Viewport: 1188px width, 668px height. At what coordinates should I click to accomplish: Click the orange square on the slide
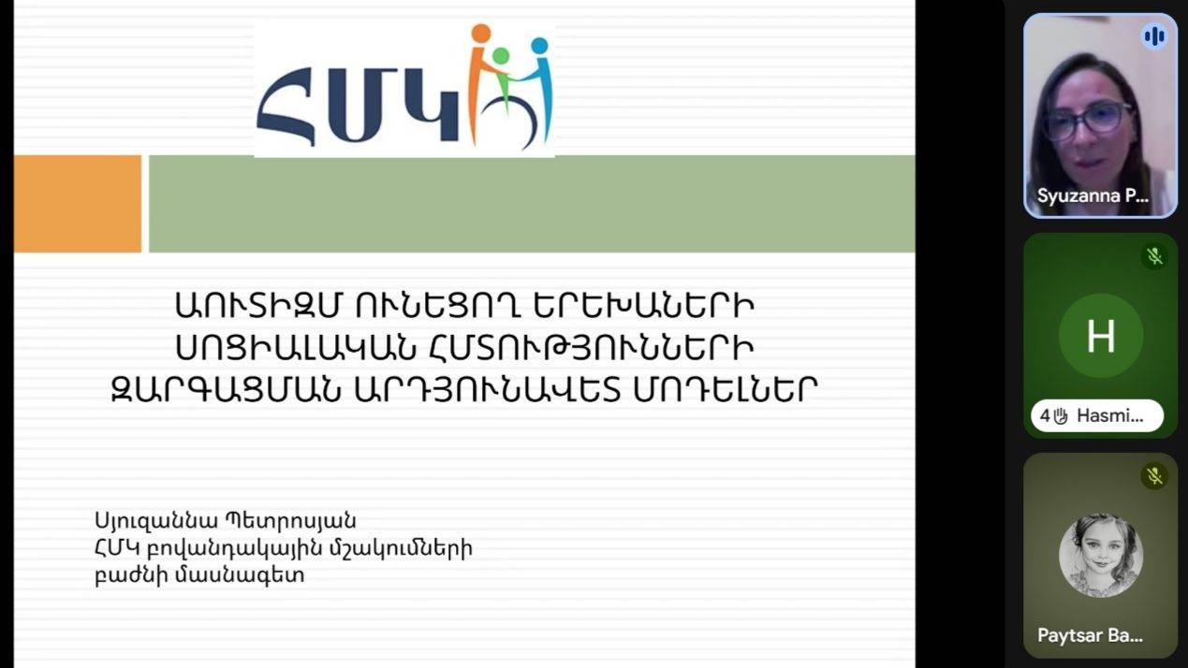(78, 204)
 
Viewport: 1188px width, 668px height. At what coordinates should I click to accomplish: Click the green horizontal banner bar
(531, 204)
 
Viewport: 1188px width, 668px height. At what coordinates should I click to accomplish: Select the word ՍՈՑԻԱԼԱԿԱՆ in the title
(297, 347)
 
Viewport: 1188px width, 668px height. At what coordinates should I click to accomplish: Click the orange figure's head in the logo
(481, 35)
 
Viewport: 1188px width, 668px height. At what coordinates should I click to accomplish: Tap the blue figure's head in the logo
(539, 45)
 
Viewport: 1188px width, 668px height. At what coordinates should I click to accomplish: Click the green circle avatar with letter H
(1100, 336)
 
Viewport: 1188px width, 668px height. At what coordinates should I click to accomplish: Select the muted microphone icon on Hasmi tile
(1154, 256)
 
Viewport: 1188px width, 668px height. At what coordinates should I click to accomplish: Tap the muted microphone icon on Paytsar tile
(1154, 476)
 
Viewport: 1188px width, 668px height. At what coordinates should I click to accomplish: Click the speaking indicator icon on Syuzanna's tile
(1154, 36)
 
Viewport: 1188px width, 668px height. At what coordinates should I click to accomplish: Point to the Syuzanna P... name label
(1093, 196)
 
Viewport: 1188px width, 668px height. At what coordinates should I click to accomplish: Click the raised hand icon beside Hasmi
(1061, 416)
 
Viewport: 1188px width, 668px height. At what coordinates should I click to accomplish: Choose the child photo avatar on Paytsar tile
(1100, 556)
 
